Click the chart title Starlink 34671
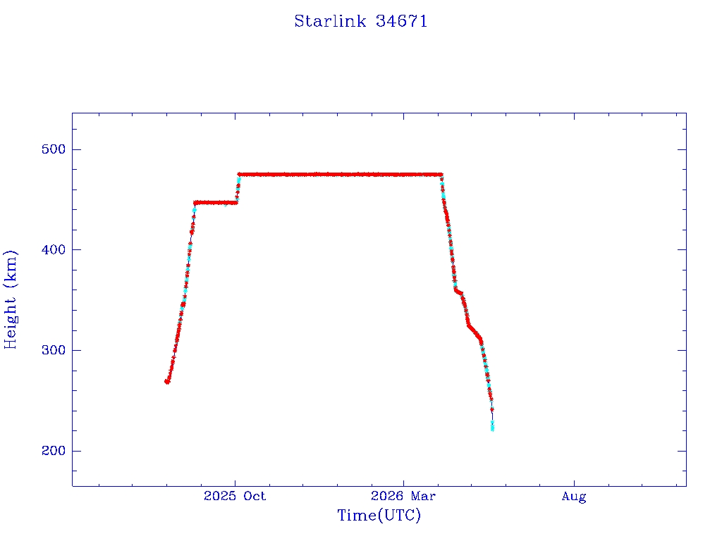click(360, 21)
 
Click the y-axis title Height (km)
click(10, 299)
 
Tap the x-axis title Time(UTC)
click(379, 515)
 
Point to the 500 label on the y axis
click(54, 149)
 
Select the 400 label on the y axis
click(54, 250)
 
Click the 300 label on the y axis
click(54, 350)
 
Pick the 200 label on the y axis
click(54, 450)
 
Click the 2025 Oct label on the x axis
click(235, 496)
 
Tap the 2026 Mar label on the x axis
click(403, 496)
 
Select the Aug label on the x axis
click(574, 497)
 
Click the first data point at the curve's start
click(167, 381)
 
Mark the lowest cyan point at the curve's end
click(492, 429)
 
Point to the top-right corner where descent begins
click(441, 175)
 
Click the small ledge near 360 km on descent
click(458, 291)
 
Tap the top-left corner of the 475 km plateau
click(239, 175)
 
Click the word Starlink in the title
click(330, 21)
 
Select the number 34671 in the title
click(401, 21)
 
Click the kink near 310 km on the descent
click(481, 340)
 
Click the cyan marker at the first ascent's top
click(195, 210)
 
